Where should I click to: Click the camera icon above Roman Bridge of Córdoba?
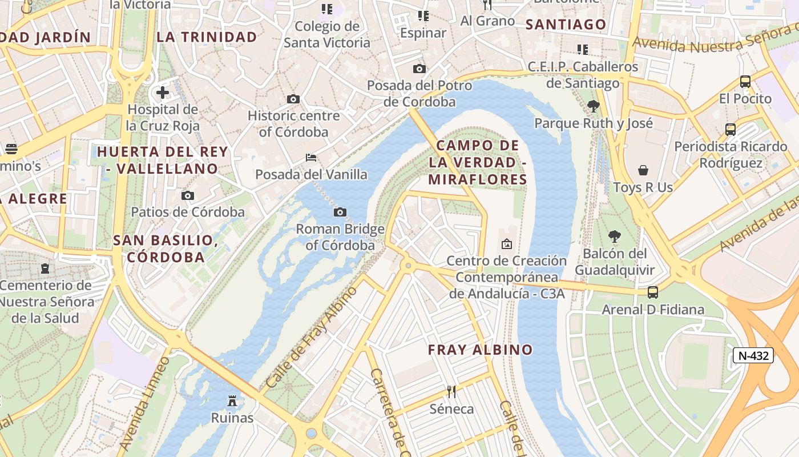[x=340, y=213]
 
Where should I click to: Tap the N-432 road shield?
[x=753, y=355]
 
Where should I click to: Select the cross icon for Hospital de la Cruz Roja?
[x=163, y=92]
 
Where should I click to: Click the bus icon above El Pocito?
[x=745, y=82]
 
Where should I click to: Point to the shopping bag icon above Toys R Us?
[x=643, y=170]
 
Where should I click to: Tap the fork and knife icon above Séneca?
[x=451, y=392]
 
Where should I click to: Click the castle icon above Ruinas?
[x=232, y=400]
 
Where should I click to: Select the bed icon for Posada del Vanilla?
[x=311, y=157]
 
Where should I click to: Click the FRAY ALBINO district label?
[x=480, y=350]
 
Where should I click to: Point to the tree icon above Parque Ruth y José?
[x=594, y=106]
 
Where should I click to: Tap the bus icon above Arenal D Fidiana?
[x=653, y=292]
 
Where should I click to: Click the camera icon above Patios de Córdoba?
[x=188, y=195]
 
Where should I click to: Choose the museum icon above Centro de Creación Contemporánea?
[x=506, y=244]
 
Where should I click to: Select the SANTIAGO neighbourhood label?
[x=565, y=25]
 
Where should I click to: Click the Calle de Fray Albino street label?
[x=312, y=337]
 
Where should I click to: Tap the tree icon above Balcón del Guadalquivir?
[x=614, y=236]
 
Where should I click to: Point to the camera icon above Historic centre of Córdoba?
[x=293, y=99]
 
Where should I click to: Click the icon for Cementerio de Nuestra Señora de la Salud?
[x=45, y=268]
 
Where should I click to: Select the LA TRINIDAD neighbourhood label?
[x=207, y=37]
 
